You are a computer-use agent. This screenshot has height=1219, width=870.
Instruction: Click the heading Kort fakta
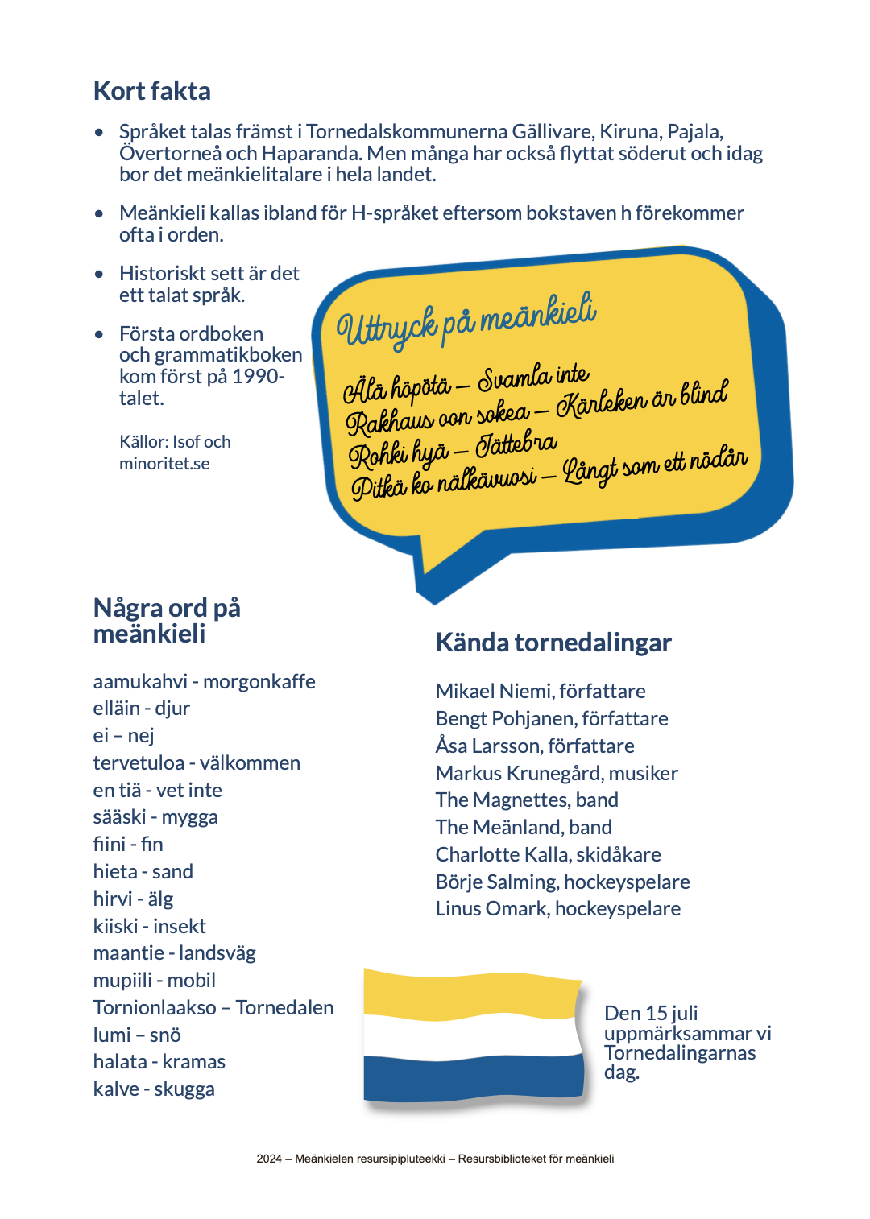click(x=152, y=91)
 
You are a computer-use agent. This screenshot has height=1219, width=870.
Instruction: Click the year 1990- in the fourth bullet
click(x=258, y=377)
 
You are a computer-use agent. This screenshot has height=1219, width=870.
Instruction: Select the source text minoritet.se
click(x=164, y=464)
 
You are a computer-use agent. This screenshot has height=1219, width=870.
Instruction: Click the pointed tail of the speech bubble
click(x=439, y=572)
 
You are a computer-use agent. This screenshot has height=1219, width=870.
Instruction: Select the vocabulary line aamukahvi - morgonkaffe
click(x=204, y=682)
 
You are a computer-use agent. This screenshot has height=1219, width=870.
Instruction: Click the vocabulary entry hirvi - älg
click(x=133, y=899)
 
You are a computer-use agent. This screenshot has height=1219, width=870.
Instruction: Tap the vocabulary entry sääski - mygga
click(x=155, y=817)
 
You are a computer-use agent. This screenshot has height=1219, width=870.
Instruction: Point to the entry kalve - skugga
click(x=154, y=1089)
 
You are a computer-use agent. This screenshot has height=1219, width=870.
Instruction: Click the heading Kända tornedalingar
click(x=553, y=643)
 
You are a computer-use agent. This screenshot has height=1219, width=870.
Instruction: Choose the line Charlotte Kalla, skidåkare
click(x=548, y=855)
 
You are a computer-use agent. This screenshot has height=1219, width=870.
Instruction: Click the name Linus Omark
click(x=491, y=909)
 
